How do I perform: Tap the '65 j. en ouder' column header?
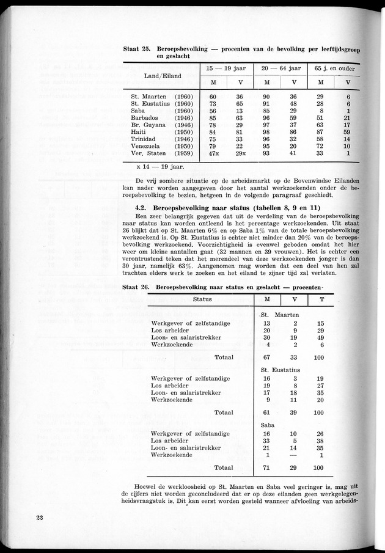coord(333,68)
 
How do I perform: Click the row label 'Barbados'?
coord(145,118)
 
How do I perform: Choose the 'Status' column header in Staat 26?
coord(202,299)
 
